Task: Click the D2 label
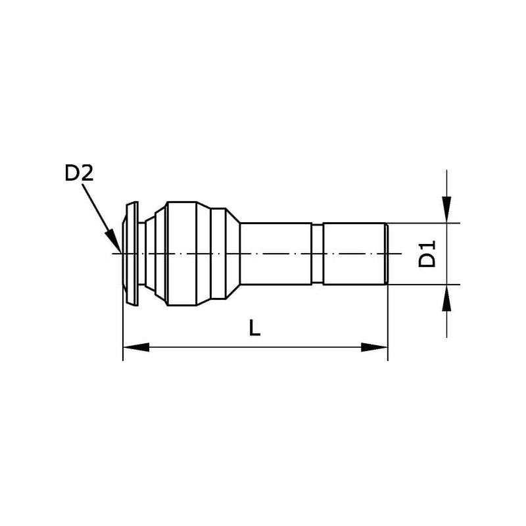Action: point(79,174)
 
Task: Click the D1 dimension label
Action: point(427,254)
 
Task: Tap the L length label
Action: point(254,327)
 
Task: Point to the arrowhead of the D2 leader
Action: point(113,241)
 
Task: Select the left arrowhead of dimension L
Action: point(136,347)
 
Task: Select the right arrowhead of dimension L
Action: point(375,347)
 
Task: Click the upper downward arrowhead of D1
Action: point(446,210)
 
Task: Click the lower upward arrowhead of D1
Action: point(446,298)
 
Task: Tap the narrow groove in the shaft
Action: point(318,254)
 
